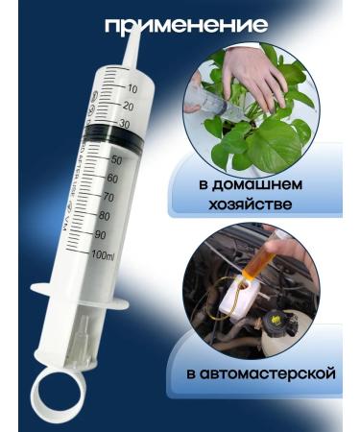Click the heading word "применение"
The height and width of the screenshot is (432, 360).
tap(184, 25)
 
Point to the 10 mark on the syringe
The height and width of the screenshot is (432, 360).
tap(132, 87)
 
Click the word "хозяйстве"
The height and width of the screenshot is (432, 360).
tap(253, 204)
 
